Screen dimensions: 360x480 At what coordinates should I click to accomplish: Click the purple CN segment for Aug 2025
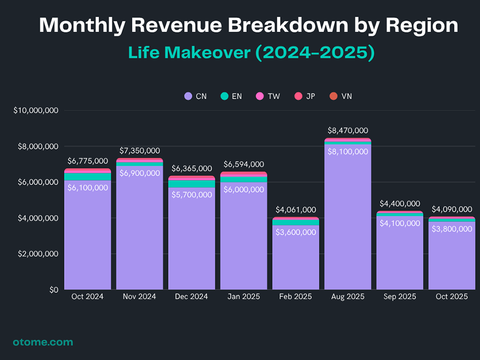pyautogui.click(x=348, y=219)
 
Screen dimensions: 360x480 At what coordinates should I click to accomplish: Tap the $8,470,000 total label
pyautogui.click(x=348, y=131)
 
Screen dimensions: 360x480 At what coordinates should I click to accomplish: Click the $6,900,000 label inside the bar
pyautogui.click(x=139, y=173)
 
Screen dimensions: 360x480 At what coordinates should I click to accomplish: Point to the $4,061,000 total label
pyautogui.click(x=295, y=210)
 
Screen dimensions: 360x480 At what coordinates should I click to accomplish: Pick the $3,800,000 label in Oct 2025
pyautogui.click(x=451, y=229)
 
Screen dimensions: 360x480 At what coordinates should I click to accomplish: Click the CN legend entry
pyautogui.click(x=195, y=97)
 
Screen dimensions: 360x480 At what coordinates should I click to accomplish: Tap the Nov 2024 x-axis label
pyautogui.click(x=139, y=297)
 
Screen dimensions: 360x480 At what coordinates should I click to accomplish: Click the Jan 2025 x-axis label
pyautogui.click(x=244, y=297)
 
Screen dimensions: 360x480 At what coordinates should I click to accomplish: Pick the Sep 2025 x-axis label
pyautogui.click(x=400, y=297)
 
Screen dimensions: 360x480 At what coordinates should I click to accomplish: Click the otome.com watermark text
pyautogui.click(x=43, y=342)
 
